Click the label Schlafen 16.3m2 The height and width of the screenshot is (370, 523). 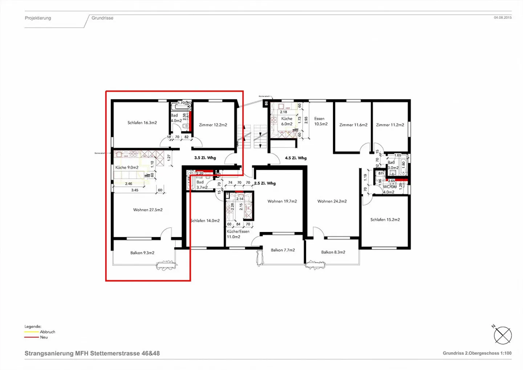click(x=142, y=123)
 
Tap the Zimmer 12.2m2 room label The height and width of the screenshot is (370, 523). click(x=213, y=125)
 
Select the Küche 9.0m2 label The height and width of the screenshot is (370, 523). click(x=127, y=167)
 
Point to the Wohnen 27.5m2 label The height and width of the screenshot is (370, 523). click(x=147, y=210)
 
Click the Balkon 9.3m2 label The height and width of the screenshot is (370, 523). click(x=142, y=253)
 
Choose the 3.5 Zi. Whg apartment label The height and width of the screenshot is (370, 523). click(x=205, y=158)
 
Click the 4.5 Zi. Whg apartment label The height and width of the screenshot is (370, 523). click(x=296, y=158)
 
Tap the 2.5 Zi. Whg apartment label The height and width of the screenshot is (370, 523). click(x=265, y=183)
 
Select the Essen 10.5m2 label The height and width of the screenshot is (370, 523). click(x=320, y=121)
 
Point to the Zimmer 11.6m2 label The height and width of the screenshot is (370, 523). click(x=353, y=125)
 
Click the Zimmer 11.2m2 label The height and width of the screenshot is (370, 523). click(x=390, y=125)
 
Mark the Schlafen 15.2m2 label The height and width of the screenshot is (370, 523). click(x=385, y=220)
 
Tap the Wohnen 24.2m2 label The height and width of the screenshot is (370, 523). click(x=332, y=201)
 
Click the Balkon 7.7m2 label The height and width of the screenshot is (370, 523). click(x=283, y=250)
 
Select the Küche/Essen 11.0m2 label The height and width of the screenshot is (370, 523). click(x=238, y=234)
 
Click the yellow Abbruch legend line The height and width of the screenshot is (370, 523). click(x=32, y=332)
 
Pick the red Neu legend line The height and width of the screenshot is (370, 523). click(x=32, y=337)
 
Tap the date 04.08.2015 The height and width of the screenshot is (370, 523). click(x=502, y=17)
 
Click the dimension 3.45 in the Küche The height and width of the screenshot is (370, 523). click(x=134, y=190)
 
